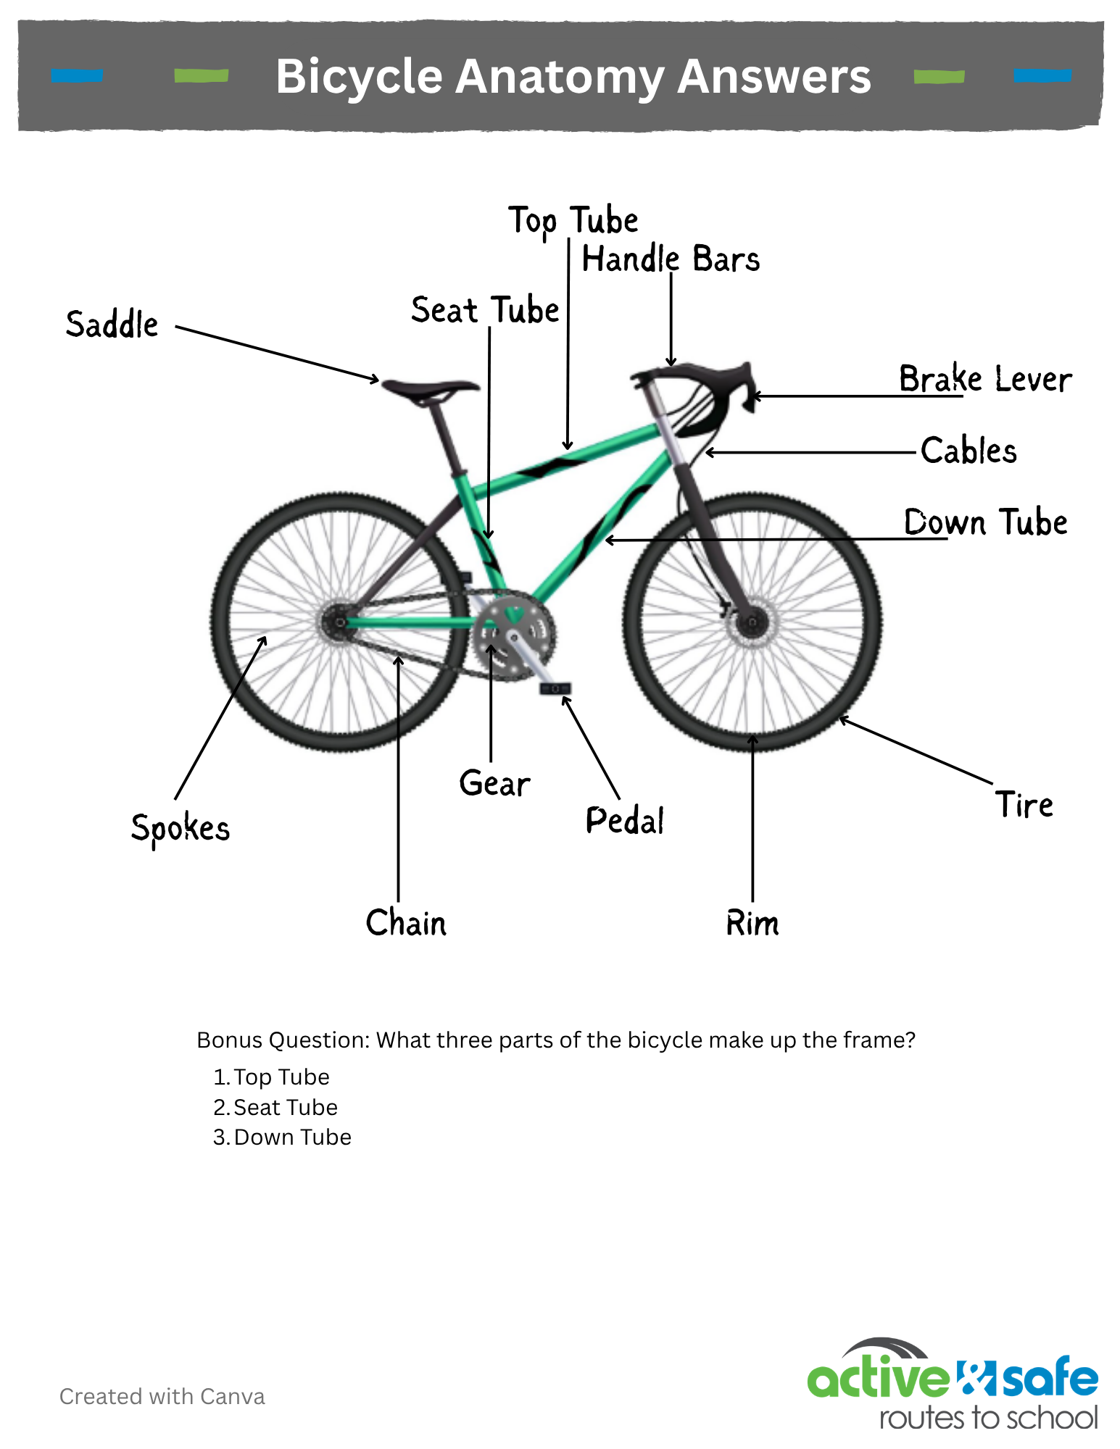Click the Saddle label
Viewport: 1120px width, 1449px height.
112,324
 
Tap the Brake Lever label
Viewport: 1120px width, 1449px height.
985,378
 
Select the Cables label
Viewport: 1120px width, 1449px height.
968,450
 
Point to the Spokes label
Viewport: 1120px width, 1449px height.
180,829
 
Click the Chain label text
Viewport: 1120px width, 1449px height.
406,922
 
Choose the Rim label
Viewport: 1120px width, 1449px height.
752,923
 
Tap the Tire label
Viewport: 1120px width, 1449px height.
1024,804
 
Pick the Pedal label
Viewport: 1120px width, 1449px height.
625,820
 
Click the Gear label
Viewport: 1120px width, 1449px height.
494,783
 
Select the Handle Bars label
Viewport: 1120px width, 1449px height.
671,259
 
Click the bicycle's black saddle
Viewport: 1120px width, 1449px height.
431,390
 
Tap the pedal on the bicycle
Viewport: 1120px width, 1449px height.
555,688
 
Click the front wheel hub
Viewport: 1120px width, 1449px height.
752,622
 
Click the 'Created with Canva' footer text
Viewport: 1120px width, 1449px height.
162,1396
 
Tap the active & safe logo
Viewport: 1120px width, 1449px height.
953,1383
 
